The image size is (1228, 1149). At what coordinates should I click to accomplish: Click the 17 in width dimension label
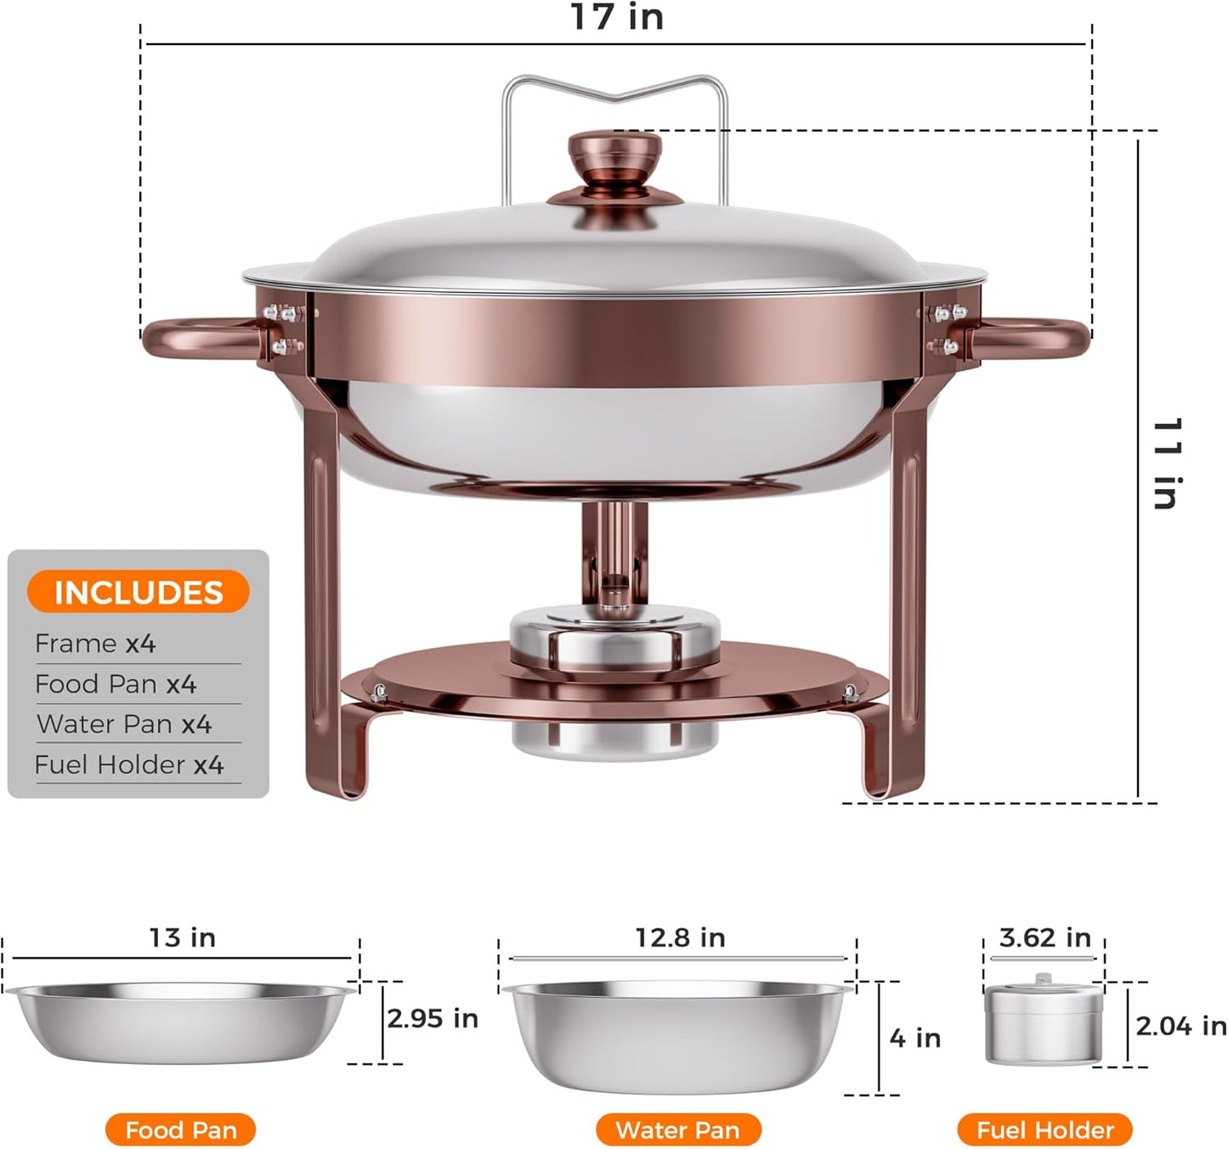(616, 17)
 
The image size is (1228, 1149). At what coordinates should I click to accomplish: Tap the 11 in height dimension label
(1168, 464)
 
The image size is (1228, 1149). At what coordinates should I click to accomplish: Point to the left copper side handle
(199, 339)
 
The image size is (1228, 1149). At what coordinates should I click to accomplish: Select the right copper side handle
(1032, 339)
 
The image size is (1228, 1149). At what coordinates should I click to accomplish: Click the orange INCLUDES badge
(138, 592)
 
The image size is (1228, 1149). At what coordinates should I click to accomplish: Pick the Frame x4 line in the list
(95, 644)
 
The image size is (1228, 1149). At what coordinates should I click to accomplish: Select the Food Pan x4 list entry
(116, 684)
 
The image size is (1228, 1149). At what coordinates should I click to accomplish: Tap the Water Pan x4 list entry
(124, 724)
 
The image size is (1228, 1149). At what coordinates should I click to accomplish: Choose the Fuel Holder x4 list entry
(129, 764)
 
